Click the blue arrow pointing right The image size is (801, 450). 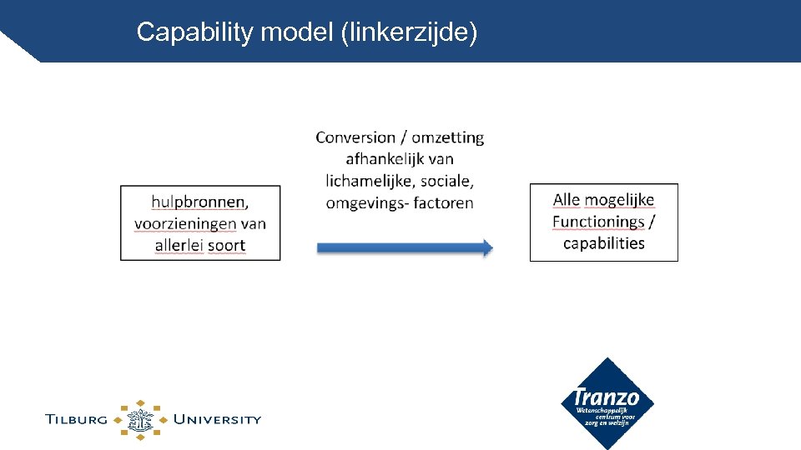405,247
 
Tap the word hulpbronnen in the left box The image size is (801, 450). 199,202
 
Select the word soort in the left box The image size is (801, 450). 226,245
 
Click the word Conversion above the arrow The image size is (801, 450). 356,137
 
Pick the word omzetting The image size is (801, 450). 447,137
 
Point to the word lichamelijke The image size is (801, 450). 370,181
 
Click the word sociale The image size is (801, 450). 446,181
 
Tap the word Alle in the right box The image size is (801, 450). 568,200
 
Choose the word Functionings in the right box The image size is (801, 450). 598,222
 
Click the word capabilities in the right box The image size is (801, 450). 604,243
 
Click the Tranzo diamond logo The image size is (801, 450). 607,403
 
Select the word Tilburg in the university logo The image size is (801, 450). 76,419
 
